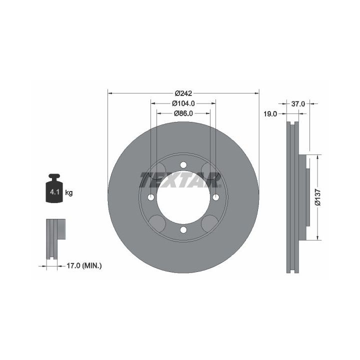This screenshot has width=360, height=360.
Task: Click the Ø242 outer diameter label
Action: tap(183, 93)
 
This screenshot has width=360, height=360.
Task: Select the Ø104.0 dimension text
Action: tap(183, 103)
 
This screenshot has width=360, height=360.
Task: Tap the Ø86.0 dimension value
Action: tap(183, 113)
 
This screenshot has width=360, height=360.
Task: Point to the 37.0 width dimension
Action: tap(298, 104)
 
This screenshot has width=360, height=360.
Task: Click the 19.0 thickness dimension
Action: tap(270, 114)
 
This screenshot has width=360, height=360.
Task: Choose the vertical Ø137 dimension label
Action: tap(317, 197)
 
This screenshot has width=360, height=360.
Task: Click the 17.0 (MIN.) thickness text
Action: tap(84, 266)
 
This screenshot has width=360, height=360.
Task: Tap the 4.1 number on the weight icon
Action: tap(54, 192)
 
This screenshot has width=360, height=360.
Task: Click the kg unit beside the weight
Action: tap(69, 192)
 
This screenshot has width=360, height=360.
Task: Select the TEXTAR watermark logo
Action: tap(180, 180)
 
